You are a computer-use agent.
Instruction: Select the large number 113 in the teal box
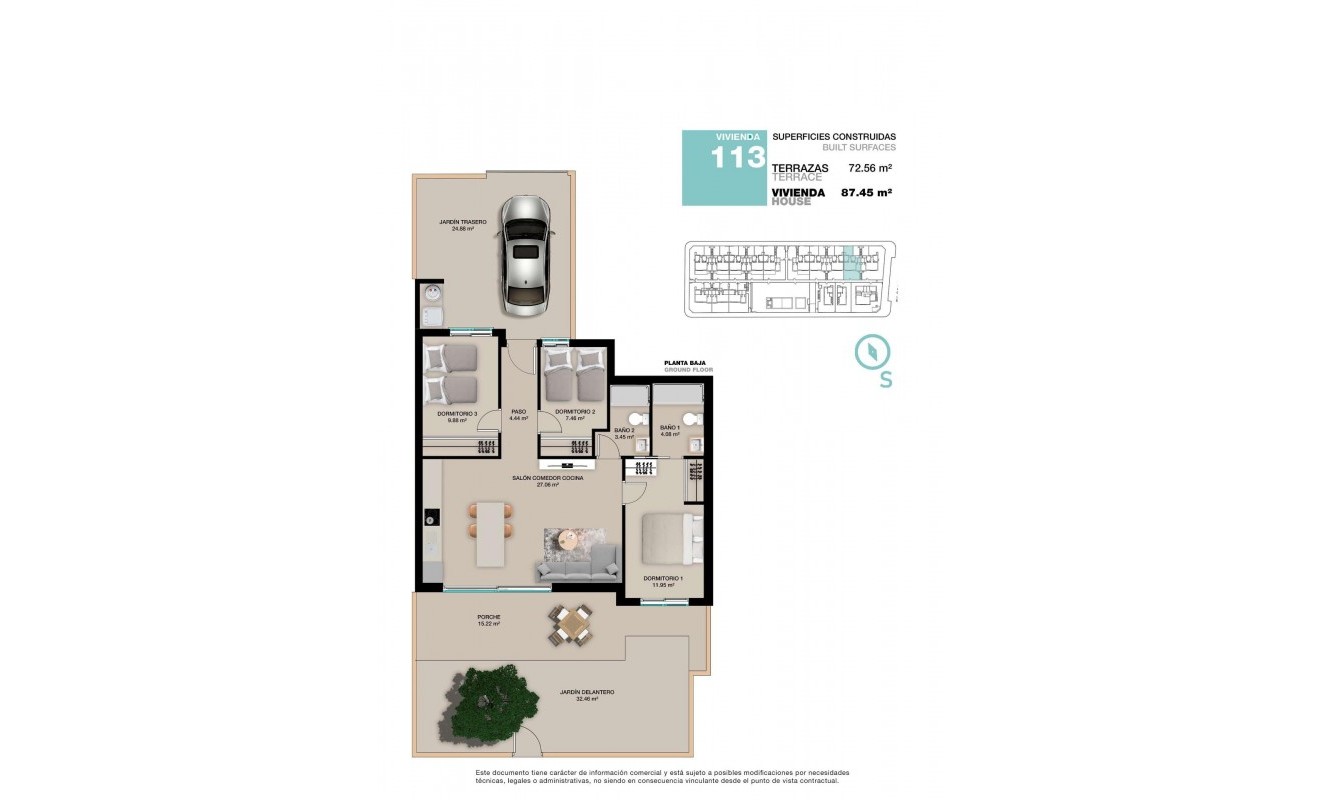click(738, 159)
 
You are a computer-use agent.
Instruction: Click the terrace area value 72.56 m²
click(870, 168)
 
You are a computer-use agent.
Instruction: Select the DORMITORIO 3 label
click(456, 413)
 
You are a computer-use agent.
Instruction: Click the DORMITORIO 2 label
click(575, 412)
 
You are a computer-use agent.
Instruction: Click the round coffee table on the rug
click(568, 540)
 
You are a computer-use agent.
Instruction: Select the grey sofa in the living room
click(577, 565)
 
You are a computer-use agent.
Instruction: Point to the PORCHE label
click(488, 617)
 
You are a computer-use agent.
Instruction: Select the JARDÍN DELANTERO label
click(587, 692)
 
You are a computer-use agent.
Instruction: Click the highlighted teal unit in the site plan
click(851, 263)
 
